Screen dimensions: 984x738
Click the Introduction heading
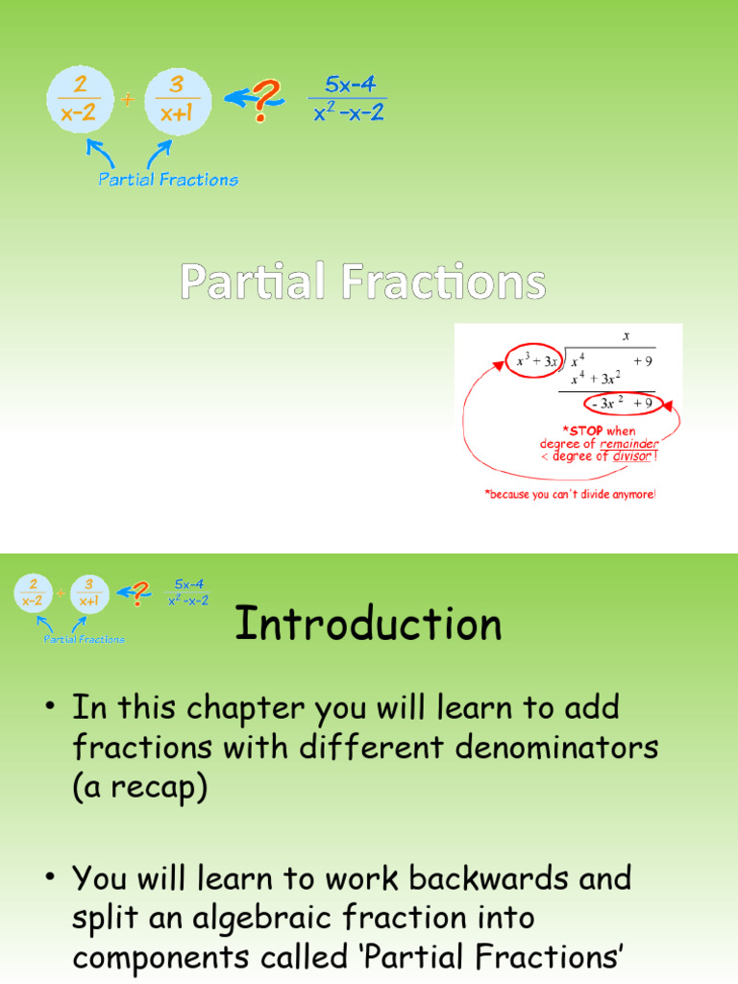(x=368, y=625)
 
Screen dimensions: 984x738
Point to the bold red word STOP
(x=583, y=431)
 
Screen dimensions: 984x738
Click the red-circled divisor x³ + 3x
(x=534, y=361)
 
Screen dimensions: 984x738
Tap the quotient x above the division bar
(x=626, y=336)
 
